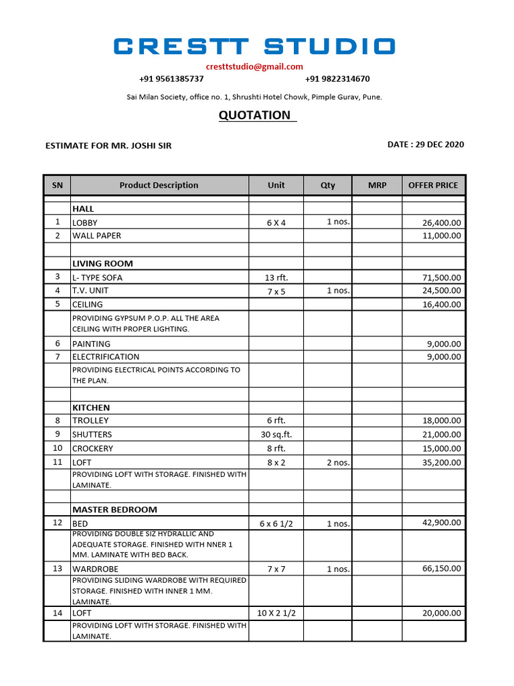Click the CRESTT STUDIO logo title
point(254,46)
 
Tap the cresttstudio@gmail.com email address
point(254,66)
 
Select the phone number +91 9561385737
point(171,79)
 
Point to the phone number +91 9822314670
point(337,79)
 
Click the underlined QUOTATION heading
point(255,115)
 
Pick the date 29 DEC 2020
point(426,145)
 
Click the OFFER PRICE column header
point(433,186)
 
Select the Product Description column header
point(159,186)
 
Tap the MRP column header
point(377,186)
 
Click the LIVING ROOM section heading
point(102,264)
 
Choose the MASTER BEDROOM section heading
point(114,510)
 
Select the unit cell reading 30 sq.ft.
point(276,435)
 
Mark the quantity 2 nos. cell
point(338,462)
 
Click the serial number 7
point(58,357)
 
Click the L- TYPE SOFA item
point(98,277)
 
